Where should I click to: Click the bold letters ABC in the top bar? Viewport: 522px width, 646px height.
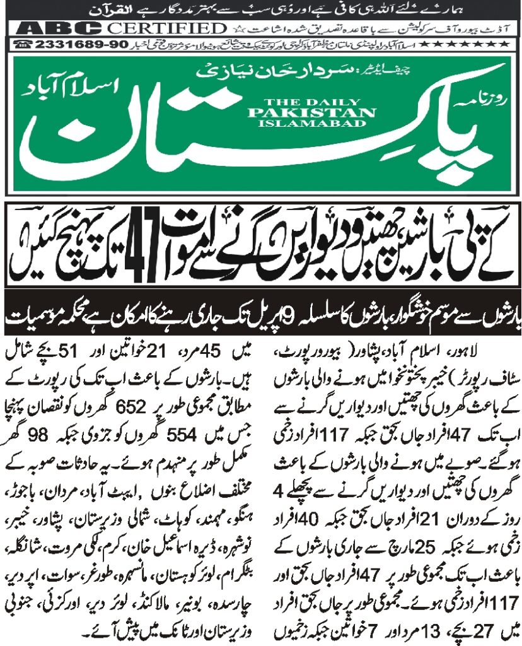(60, 29)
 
